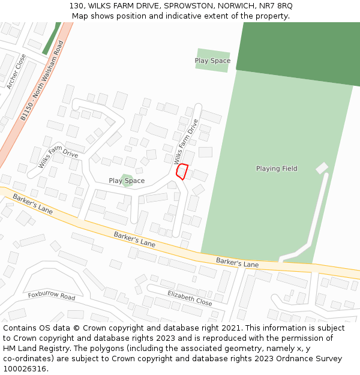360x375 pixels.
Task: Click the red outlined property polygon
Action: [182, 172]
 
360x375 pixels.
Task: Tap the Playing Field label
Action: [276, 169]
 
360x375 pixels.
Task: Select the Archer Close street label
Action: [16, 71]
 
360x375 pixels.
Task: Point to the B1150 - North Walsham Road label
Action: [41, 81]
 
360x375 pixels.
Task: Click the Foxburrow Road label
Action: [52, 296]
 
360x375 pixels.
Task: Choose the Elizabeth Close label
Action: [190, 297]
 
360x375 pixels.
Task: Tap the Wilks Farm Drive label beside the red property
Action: [186, 142]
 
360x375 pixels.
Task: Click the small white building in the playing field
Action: [322, 168]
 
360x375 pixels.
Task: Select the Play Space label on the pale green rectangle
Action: [212, 61]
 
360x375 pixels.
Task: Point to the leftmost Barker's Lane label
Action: [32, 205]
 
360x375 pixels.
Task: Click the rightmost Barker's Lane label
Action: [237, 263]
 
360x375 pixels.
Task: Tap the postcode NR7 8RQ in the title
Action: [274, 5]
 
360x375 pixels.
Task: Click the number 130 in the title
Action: [76, 5]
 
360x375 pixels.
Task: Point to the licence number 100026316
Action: [25, 369]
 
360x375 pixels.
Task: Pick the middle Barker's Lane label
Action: [134, 239]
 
